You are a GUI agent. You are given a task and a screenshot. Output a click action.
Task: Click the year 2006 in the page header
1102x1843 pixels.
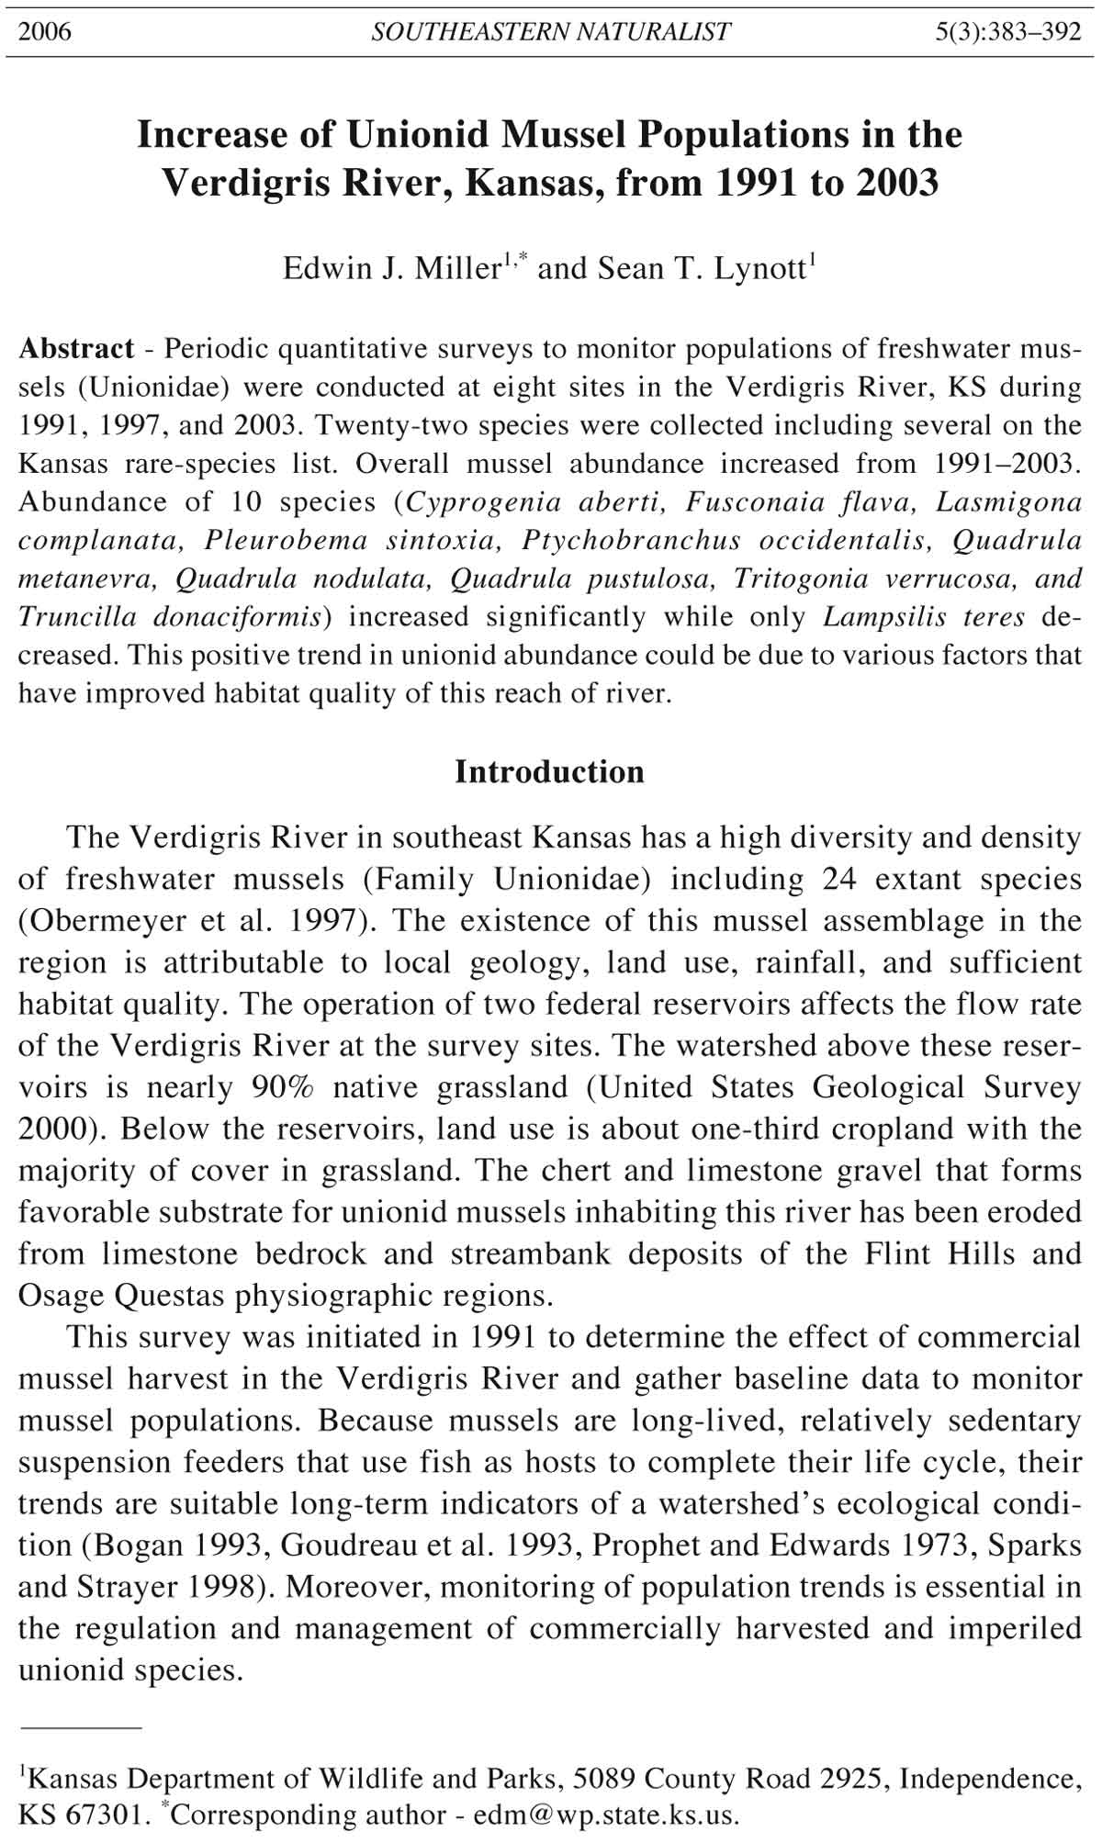(45, 32)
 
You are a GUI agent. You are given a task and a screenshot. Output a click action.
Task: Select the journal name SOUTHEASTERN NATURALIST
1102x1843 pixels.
(550, 32)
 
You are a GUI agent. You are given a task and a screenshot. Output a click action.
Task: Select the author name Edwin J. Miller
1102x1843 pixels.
(390, 268)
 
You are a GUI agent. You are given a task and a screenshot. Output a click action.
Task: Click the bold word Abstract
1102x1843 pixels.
(76, 349)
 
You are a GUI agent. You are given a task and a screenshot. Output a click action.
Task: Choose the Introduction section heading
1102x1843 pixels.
(549, 771)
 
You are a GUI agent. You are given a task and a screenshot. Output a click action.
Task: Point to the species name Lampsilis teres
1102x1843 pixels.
(923, 616)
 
